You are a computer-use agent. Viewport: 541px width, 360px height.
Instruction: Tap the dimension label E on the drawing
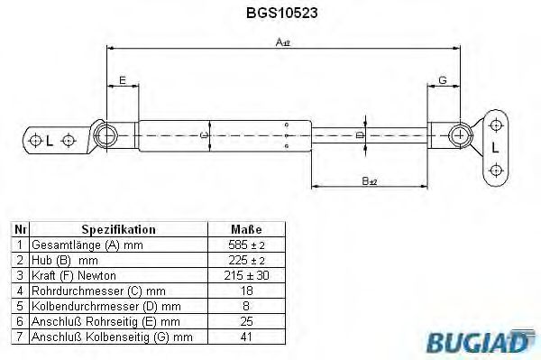point(122,81)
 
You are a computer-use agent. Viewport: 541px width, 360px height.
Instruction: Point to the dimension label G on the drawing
point(442,81)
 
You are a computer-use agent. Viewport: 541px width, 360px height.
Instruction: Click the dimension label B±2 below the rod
point(369,182)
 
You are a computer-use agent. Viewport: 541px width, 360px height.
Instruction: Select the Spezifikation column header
point(118,229)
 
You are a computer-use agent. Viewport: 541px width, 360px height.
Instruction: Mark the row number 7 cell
point(19,337)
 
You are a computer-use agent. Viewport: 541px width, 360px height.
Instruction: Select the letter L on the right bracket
point(495,146)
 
